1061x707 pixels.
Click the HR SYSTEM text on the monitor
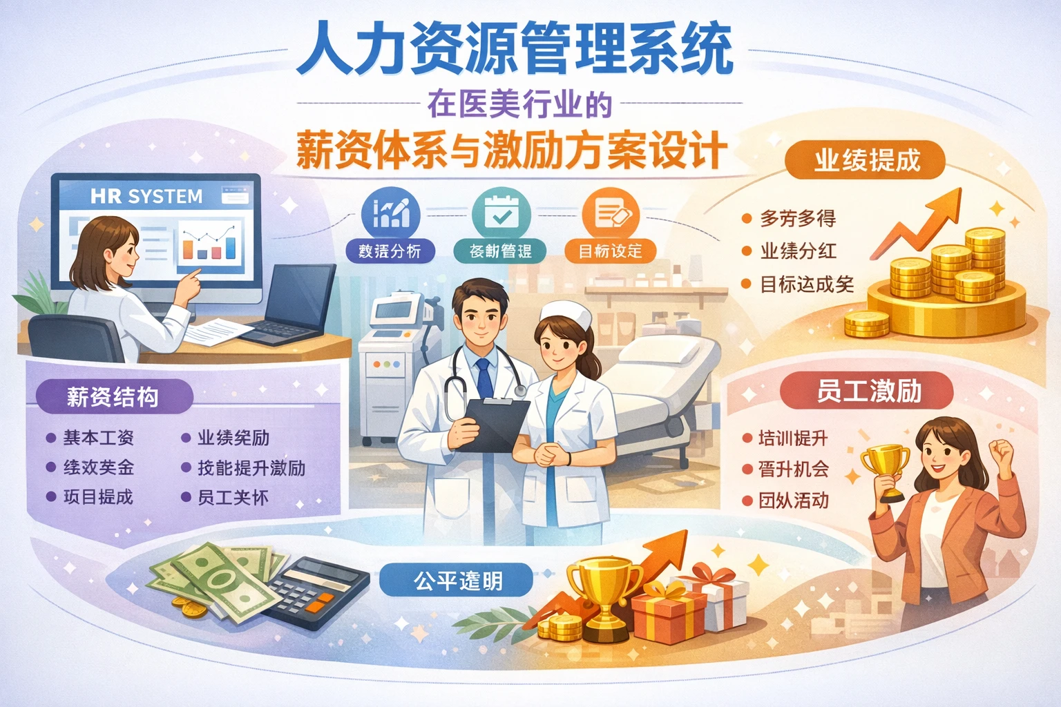[146, 197]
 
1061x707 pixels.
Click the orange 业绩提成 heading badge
[866, 160]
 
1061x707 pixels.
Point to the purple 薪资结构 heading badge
[113, 397]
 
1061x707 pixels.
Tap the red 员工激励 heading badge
[868, 391]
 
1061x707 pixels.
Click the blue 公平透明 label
[457, 581]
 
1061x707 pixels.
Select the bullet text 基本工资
[99, 438]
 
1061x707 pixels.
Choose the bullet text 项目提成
[98, 497]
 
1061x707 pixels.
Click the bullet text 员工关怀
[233, 498]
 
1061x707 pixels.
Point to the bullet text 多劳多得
[798, 219]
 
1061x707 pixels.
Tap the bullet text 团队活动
[793, 501]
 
